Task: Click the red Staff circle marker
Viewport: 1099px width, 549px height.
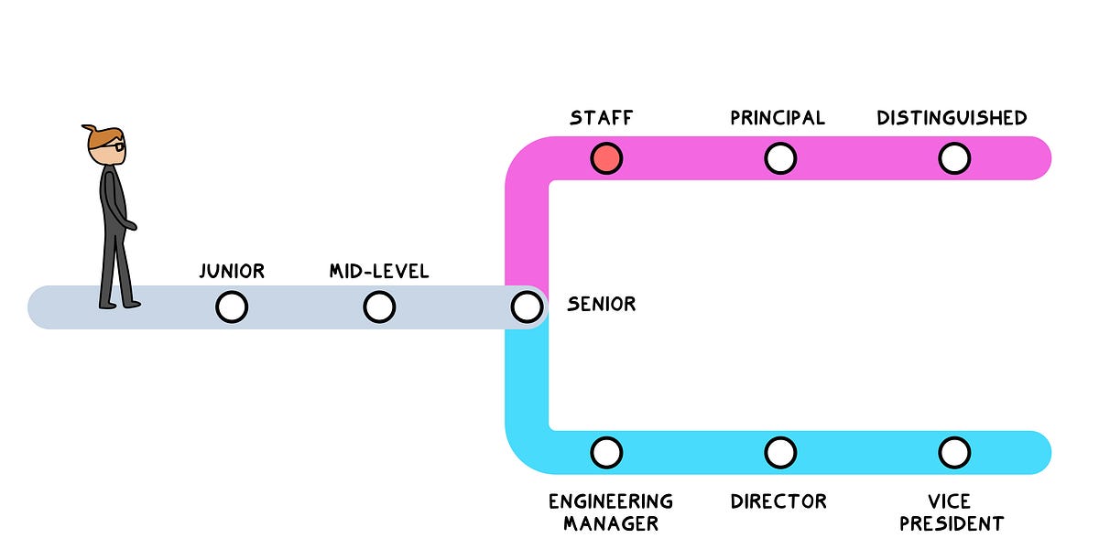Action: (606, 158)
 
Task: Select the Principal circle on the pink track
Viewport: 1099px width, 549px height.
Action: (779, 158)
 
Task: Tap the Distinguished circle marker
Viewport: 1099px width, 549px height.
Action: (953, 158)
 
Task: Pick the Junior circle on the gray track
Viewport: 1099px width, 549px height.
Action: (232, 307)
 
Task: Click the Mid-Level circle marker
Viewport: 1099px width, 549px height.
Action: (379, 307)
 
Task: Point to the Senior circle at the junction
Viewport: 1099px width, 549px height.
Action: (527, 307)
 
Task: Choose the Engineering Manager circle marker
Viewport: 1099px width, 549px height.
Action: (606, 452)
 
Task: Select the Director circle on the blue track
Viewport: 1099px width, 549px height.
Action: (779, 452)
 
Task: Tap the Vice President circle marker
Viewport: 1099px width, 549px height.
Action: (953, 452)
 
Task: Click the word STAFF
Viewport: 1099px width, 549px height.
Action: (601, 118)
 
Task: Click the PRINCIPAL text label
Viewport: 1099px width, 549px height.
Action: (778, 118)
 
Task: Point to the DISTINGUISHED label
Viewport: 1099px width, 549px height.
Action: (952, 118)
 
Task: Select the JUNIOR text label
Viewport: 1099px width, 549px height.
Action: (232, 271)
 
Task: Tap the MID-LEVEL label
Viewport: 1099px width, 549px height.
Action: (379, 271)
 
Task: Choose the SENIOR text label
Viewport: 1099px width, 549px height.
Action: (601, 304)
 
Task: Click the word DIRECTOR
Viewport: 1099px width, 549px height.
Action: (778, 501)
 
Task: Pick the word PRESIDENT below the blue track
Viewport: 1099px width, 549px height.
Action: (952, 524)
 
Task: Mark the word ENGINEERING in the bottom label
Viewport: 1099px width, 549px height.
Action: (611, 501)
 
